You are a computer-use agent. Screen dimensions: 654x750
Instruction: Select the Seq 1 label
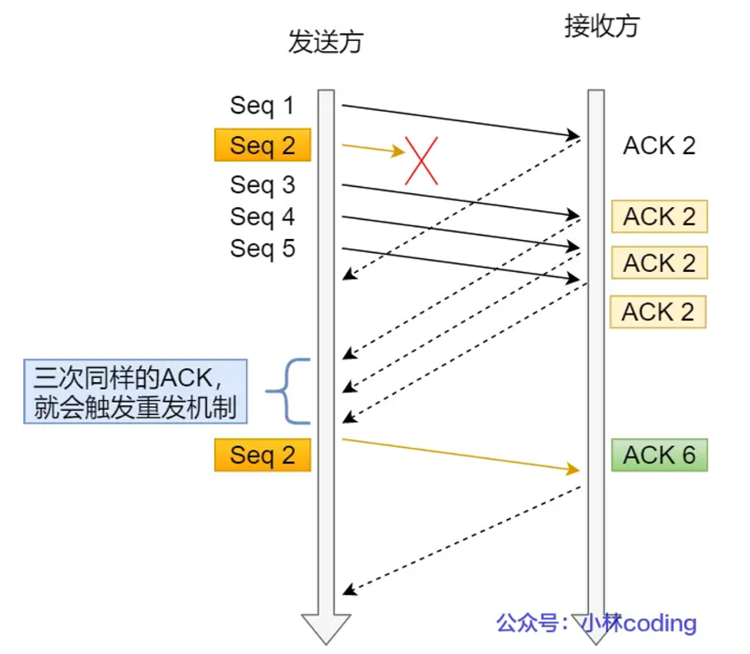[262, 106]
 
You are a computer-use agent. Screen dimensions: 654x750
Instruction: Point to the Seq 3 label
[262, 185]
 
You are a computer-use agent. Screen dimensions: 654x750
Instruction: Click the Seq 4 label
[262, 217]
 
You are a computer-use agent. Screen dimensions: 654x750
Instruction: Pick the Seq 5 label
[262, 249]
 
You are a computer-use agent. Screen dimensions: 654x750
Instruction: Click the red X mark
[422, 160]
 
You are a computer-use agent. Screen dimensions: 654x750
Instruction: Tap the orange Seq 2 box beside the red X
[262, 146]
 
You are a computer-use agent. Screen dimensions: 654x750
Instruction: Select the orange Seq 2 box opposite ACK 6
[262, 455]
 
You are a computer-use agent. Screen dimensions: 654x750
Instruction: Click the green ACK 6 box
[659, 455]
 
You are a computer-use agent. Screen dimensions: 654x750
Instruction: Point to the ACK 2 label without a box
[659, 146]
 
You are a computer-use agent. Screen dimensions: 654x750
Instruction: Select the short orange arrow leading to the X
[372, 149]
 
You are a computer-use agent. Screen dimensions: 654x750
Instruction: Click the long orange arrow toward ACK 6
[459, 454]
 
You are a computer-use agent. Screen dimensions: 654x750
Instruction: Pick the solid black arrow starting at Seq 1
[459, 120]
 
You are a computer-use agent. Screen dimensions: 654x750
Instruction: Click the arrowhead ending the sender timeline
[326, 627]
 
